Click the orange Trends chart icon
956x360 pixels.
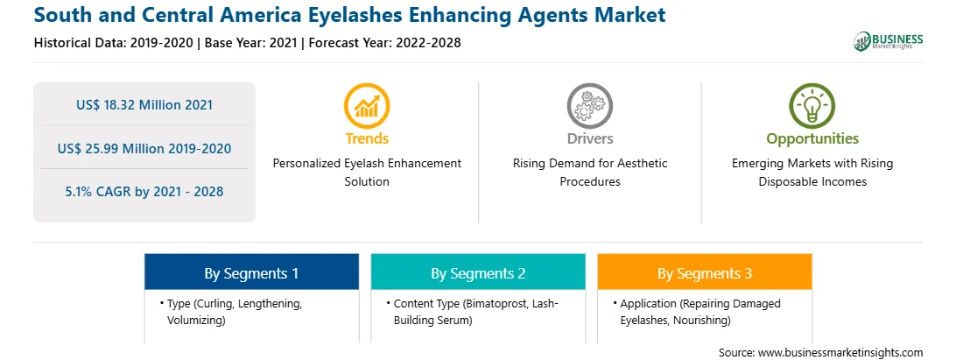click(x=367, y=106)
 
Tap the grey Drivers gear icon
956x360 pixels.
click(x=589, y=106)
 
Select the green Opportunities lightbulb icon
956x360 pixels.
click(x=812, y=106)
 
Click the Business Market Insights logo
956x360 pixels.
click(x=889, y=41)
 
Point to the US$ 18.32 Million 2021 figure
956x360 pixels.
click(x=144, y=105)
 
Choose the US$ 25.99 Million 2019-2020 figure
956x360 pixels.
click(x=144, y=148)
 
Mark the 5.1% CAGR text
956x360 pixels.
click(x=144, y=192)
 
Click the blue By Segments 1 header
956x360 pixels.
click(x=252, y=273)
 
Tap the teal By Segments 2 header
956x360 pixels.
click(x=478, y=273)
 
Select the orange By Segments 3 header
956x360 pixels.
click(x=705, y=273)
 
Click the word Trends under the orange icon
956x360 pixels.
click(x=367, y=138)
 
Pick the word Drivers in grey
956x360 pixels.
click(x=590, y=138)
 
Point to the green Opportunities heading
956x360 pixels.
click(x=812, y=139)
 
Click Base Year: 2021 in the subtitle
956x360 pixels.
click(x=250, y=43)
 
